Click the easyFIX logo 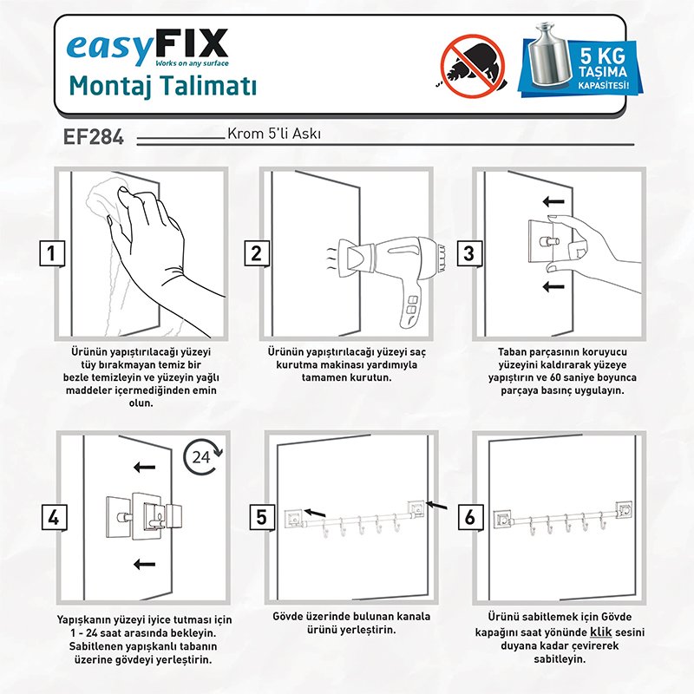point(147,48)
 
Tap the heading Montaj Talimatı point(163,86)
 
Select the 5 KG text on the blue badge point(603,56)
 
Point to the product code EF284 point(94,136)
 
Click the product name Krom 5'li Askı point(274,134)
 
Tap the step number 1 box point(52,253)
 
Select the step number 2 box point(257,253)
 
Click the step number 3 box point(469,253)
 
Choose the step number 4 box point(54,517)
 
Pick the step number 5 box point(262,517)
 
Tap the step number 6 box point(470,517)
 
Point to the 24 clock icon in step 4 point(203,457)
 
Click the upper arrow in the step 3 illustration point(553,202)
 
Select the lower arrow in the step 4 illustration point(144,564)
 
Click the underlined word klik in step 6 point(600,632)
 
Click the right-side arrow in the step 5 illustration point(436,505)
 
